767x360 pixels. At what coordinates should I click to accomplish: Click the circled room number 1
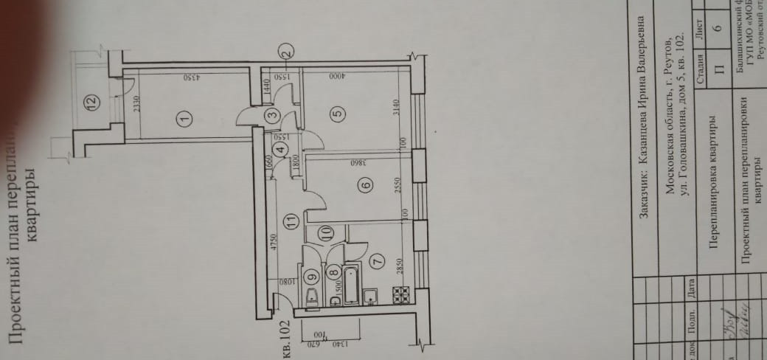(x=184, y=116)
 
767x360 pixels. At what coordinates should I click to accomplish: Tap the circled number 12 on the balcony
(x=90, y=103)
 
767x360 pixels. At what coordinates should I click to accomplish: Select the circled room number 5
(x=337, y=113)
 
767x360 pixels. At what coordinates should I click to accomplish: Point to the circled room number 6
(x=367, y=187)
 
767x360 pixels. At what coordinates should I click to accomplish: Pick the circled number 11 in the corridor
(x=291, y=220)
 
